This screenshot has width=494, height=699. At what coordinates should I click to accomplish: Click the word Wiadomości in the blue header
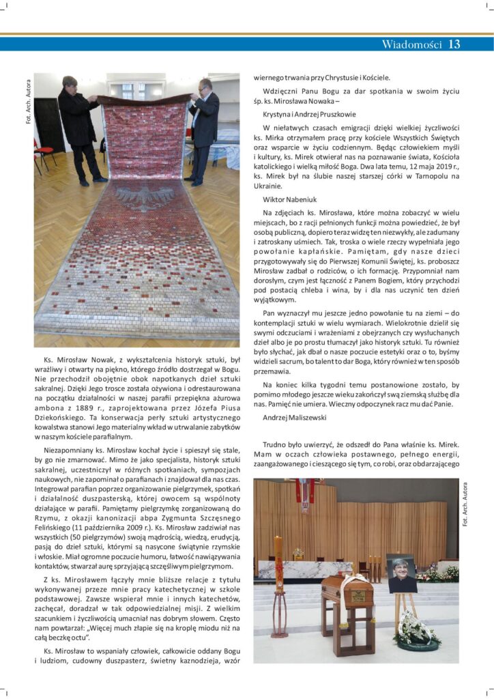pos(411,45)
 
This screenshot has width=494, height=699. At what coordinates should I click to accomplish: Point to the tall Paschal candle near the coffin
pos(278,580)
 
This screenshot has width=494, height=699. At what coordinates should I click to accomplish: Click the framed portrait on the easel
pos(401,573)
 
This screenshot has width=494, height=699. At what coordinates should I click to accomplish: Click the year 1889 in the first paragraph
pos(87,405)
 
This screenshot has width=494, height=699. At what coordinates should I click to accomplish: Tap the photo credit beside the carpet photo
pos(27,103)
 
